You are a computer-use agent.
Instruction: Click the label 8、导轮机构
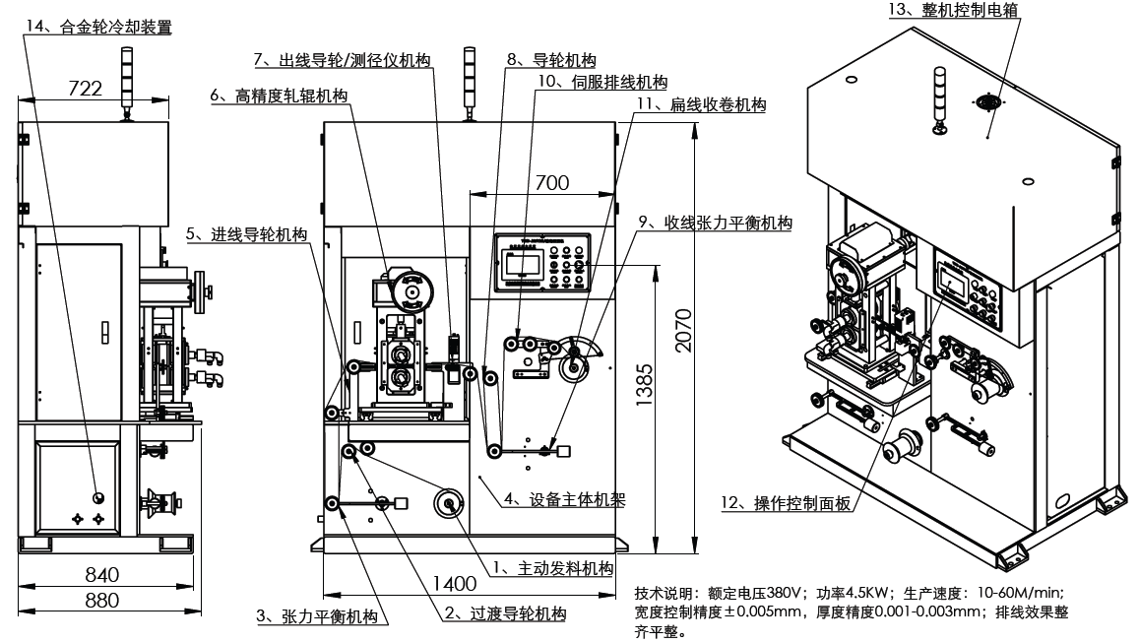(550, 60)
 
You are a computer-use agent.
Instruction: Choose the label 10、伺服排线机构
(601, 82)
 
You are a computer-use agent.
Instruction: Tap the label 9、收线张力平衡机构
(716, 224)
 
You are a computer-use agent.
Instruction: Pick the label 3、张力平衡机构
(321, 617)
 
